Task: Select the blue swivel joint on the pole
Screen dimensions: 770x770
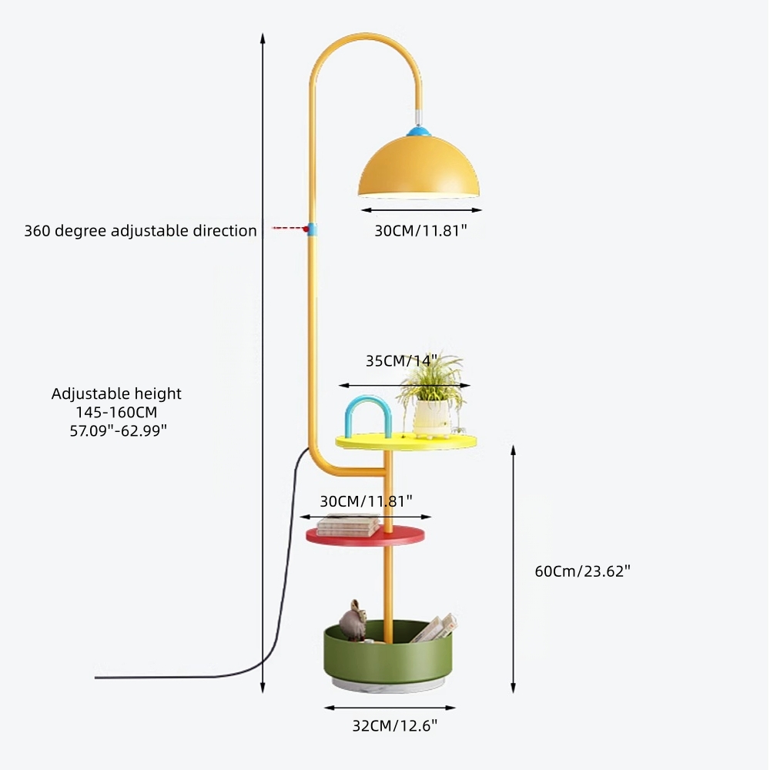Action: point(310,229)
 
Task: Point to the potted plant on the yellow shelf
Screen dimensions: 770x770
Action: point(432,397)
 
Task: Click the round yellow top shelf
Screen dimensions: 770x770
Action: point(406,441)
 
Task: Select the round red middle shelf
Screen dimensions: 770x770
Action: point(365,536)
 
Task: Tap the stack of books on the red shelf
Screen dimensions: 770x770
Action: point(348,526)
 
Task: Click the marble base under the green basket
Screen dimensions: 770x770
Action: point(388,685)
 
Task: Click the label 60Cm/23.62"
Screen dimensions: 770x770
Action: point(583,571)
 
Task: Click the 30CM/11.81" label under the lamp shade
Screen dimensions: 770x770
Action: point(420,230)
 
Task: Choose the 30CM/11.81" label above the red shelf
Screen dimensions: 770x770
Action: point(366,501)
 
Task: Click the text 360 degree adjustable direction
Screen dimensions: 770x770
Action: point(140,230)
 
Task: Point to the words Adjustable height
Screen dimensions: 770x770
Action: point(116,393)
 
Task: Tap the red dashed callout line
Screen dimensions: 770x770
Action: point(286,229)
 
